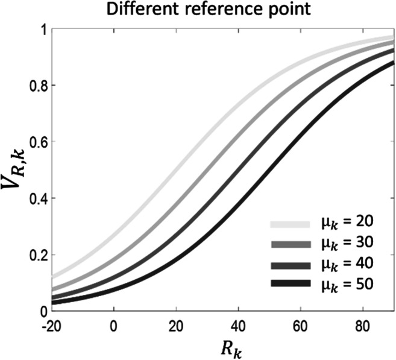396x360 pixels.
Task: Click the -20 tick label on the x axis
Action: [x=52, y=324]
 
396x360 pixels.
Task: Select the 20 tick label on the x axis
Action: [x=177, y=324]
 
